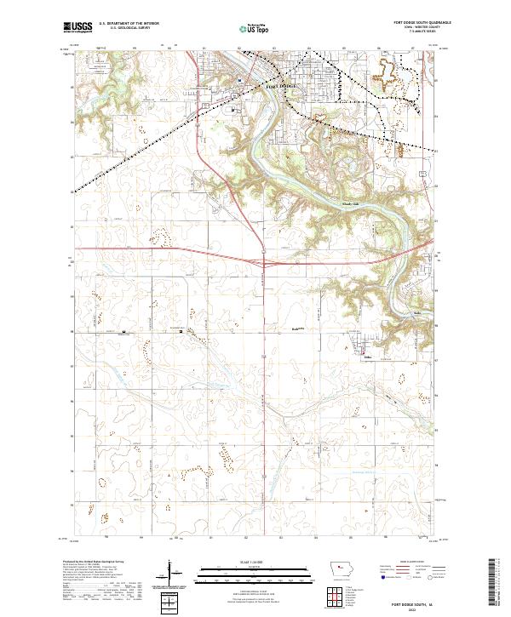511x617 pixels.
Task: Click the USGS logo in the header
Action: click(x=78, y=28)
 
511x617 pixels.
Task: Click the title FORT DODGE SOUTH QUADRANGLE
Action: click(x=413, y=23)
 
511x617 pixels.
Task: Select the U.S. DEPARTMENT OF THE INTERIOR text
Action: click(x=129, y=23)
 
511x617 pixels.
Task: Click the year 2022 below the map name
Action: click(x=413, y=608)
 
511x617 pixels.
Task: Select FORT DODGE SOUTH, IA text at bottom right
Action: click(x=413, y=603)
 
